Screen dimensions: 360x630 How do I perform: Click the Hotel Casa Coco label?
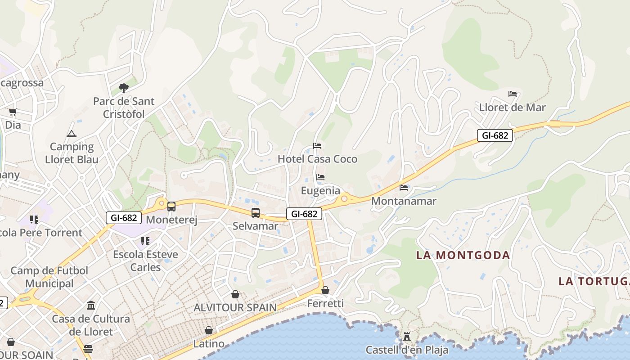pyautogui.click(x=317, y=159)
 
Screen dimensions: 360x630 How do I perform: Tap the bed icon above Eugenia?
pyautogui.click(x=320, y=177)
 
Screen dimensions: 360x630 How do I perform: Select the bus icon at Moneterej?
pyautogui.click(x=171, y=207)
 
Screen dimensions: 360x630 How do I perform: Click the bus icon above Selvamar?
pyautogui.click(x=255, y=213)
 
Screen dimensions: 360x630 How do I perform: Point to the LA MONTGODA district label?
pyautogui.click(x=463, y=255)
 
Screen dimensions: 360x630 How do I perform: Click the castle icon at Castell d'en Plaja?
pyautogui.click(x=407, y=336)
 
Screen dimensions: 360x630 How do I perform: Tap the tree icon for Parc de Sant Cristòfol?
pyautogui.click(x=123, y=88)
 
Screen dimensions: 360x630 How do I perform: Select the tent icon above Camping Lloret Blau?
pyautogui.click(x=72, y=134)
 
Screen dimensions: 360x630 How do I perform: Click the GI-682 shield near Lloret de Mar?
pyautogui.click(x=495, y=135)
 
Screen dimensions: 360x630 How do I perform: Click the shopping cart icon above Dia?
pyautogui.click(x=13, y=112)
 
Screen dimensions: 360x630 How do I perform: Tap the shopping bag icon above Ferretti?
pyautogui.click(x=325, y=291)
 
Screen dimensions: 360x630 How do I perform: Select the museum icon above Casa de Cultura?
pyautogui.click(x=91, y=306)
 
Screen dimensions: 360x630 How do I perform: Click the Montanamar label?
pyautogui.click(x=404, y=201)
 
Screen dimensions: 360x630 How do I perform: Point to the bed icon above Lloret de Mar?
pyautogui.click(x=513, y=94)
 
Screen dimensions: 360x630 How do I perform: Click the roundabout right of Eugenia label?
pyautogui.click(x=344, y=198)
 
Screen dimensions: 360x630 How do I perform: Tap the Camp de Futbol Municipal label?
pyautogui.click(x=49, y=277)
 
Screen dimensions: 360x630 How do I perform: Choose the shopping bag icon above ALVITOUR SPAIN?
pyautogui.click(x=235, y=295)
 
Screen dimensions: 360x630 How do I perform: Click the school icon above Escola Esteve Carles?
pyautogui.click(x=145, y=242)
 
